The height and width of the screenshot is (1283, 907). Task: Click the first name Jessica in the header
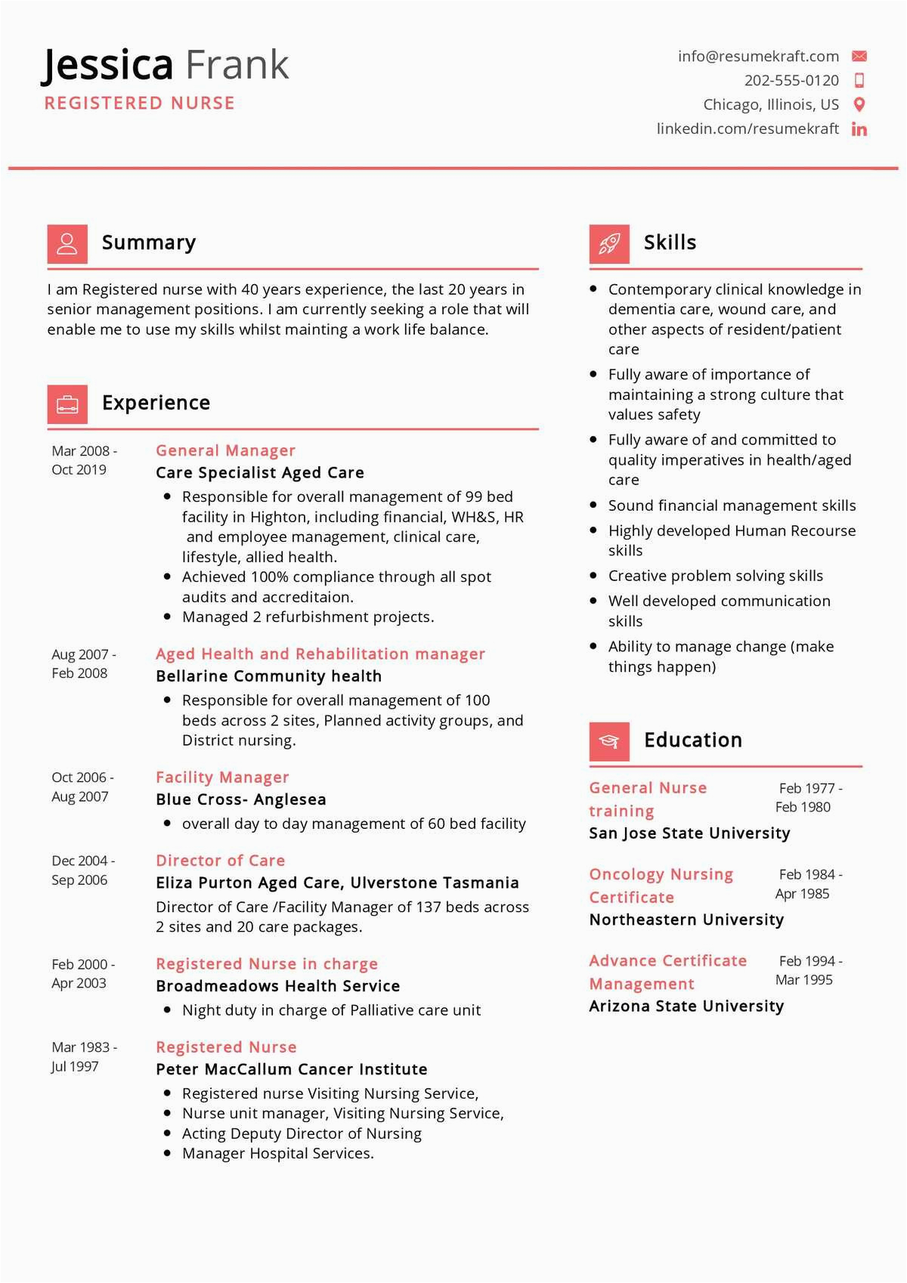coord(107,65)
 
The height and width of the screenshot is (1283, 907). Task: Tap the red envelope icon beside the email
coord(859,56)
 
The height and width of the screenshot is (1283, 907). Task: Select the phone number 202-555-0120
coord(791,80)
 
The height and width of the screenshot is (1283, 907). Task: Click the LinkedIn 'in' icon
coord(859,129)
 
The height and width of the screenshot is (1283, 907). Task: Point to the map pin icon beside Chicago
coord(859,105)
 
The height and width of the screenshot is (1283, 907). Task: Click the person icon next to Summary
coord(67,243)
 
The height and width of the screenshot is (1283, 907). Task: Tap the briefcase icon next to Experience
coord(67,403)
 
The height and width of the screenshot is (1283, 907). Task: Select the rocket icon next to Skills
coord(609,243)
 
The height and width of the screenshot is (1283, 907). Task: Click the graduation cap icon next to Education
coord(609,741)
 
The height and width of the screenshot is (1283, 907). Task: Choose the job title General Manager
coord(225,450)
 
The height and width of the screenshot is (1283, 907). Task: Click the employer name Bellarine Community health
coord(268,676)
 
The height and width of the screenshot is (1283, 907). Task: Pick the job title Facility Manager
coord(222,778)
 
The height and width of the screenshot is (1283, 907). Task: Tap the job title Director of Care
coord(220,861)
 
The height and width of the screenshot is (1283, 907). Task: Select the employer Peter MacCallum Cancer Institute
coord(291,1069)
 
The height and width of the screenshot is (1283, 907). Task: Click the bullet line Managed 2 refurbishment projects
coord(308,617)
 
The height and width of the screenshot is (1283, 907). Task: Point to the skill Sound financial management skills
coord(732,505)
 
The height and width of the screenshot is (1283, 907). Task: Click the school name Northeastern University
coord(686,920)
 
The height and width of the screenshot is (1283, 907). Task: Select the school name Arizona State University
coord(686,1006)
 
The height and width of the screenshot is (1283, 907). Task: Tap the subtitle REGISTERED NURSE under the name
coord(140,104)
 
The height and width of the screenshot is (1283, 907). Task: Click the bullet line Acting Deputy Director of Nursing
coord(302,1133)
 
